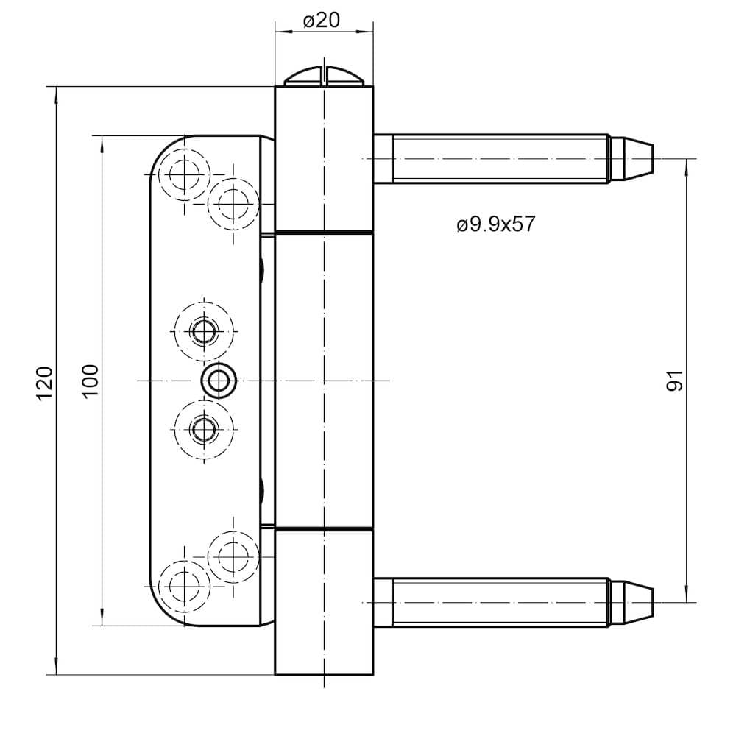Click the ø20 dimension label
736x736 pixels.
point(322,20)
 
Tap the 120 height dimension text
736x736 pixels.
point(45,383)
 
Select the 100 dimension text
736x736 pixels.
point(91,381)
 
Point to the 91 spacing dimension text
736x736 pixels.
point(674,381)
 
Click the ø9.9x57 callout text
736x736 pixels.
point(495,224)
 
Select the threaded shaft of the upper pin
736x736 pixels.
point(500,159)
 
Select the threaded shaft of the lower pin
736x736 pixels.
point(500,602)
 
